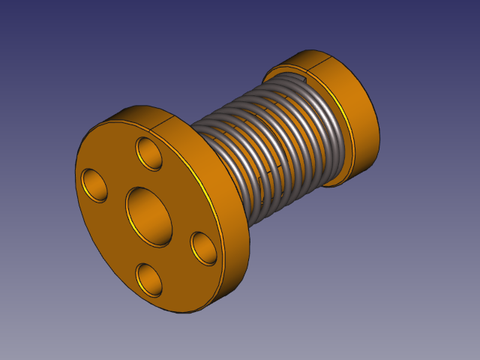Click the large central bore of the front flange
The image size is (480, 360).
[x=149, y=215]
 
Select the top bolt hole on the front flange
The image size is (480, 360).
[x=150, y=154]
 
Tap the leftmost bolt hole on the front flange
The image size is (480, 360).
[x=95, y=185]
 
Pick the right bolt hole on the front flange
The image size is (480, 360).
[x=203, y=247]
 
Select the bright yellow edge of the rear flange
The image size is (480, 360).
[x=341, y=105]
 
